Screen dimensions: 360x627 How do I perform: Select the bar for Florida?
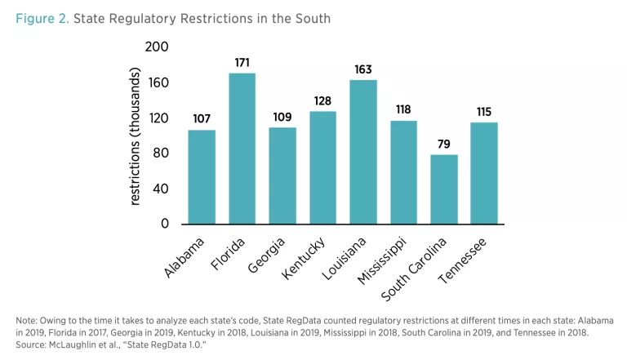tap(242, 149)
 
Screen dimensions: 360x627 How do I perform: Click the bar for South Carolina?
tap(444, 189)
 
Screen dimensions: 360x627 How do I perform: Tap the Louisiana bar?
tap(363, 152)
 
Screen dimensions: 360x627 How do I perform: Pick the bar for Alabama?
tap(202, 176)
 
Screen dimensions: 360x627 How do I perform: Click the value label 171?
tap(242, 63)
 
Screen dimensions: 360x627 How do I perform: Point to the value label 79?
tap(444, 144)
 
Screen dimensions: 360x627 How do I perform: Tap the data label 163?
tap(363, 69)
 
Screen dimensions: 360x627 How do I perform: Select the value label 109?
tap(282, 118)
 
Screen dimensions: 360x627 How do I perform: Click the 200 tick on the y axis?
tap(157, 47)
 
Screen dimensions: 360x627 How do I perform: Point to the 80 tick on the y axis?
tap(161, 153)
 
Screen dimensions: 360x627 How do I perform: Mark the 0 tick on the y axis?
tap(164, 223)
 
